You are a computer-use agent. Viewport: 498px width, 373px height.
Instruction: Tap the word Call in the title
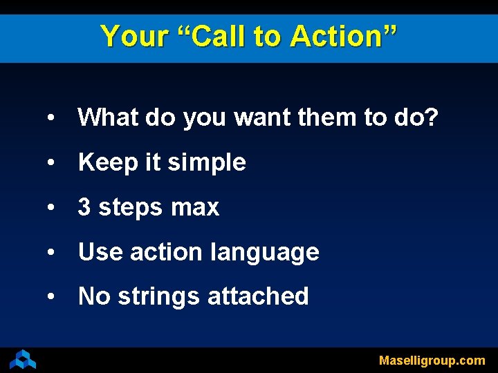click(x=219, y=36)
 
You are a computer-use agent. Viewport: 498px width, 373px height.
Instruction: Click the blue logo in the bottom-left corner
click(x=22, y=359)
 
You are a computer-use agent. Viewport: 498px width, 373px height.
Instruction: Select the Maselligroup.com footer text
click(x=432, y=361)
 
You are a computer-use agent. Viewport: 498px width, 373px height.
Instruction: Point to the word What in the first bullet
click(x=109, y=118)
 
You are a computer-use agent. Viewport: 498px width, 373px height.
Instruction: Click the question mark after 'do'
click(x=431, y=118)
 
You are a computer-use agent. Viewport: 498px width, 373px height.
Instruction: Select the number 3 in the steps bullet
click(x=84, y=207)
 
